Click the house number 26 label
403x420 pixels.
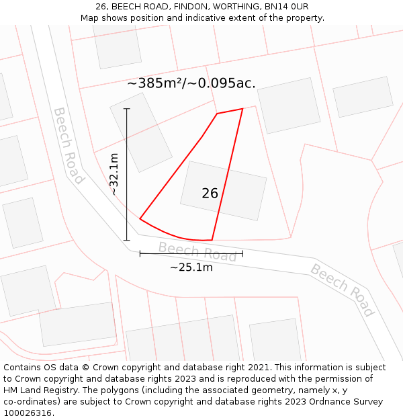pos(210,194)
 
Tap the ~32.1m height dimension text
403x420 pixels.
pos(114,174)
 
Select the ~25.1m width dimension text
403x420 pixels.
pos(191,267)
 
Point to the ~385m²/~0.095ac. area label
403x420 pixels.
pos(191,83)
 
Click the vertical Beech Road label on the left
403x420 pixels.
pos(69,145)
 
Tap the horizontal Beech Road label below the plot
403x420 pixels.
pos(197,252)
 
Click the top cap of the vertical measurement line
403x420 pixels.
pos(127,108)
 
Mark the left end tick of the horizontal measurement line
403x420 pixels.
pos(140,253)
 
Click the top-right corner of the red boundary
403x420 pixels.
pos(242,109)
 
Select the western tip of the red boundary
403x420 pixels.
pos(140,218)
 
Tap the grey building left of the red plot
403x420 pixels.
pos(141,132)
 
